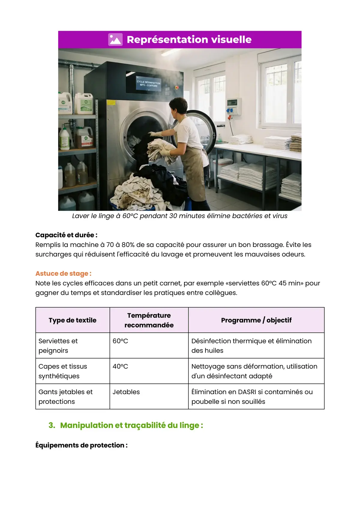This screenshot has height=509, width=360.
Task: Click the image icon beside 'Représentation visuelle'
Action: click(x=115, y=40)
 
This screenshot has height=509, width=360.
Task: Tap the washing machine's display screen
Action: click(x=148, y=82)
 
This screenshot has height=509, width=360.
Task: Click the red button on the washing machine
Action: click(x=177, y=88)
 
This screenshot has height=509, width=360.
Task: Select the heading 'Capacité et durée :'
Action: click(x=66, y=235)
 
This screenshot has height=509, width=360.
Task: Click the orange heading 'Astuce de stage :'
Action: click(x=63, y=273)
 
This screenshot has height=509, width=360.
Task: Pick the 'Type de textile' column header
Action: click(x=73, y=320)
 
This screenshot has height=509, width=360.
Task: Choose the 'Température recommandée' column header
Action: click(x=149, y=320)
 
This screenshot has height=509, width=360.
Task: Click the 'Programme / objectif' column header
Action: click(x=256, y=320)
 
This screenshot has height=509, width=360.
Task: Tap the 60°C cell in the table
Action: click(x=120, y=341)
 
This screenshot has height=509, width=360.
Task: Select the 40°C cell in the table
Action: click(x=120, y=367)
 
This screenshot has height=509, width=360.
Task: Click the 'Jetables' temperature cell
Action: click(x=126, y=392)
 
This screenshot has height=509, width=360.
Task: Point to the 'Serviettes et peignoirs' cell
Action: click(x=58, y=346)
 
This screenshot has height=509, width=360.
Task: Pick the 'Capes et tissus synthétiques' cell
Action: click(x=63, y=371)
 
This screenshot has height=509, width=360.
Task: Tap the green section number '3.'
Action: click(x=52, y=425)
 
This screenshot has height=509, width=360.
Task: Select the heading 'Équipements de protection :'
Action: click(x=81, y=445)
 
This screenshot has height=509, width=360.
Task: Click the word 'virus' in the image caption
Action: click(x=280, y=216)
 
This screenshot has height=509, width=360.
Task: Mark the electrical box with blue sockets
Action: click(x=234, y=107)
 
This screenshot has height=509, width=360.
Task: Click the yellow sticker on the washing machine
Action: click(x=111, y=103)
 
